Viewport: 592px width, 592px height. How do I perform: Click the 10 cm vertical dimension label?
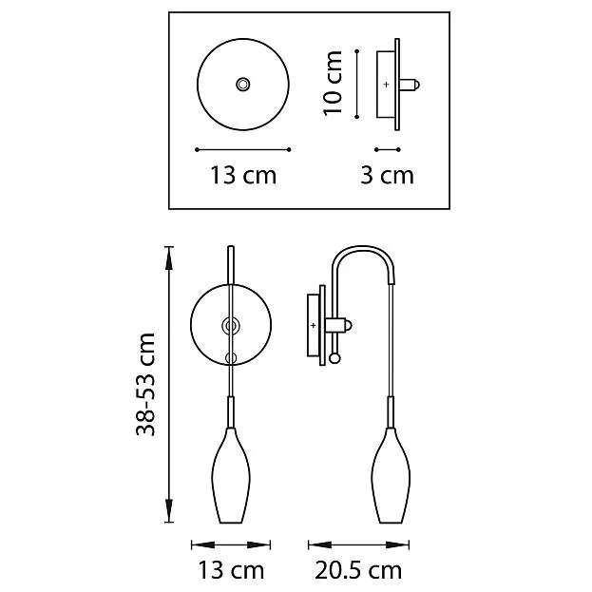(x=333, y=83)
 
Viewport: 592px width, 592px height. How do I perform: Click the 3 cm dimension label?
(x=387, y=176)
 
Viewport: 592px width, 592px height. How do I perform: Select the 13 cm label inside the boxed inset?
(x=243, y=176)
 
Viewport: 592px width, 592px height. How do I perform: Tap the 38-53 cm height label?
(x=145, y=384)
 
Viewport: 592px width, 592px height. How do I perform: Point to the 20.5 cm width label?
(x=358, y=570)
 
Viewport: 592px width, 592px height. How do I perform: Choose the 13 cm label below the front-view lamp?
(x=231, y=570)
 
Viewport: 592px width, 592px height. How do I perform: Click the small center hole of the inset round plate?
(x=242, y=85)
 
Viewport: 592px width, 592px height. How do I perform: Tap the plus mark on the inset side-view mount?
(x=386, y=85)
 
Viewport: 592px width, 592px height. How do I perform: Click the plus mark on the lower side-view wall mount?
(x=313, y=325)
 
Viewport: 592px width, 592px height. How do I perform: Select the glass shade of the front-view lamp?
(x=231, y=475)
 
